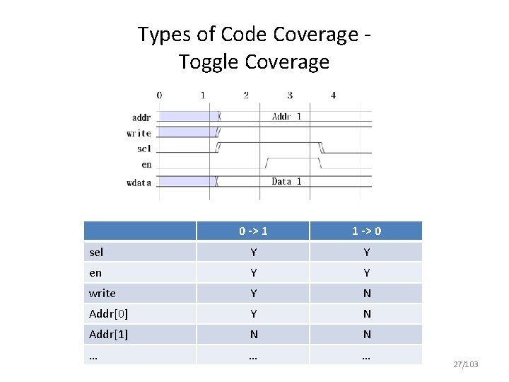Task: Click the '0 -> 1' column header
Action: coord(252,231)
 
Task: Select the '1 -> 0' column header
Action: coord(366,231)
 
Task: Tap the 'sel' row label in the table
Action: coord(96,253)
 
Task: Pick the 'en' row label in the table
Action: coord(95,273)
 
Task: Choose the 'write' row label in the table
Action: coord(103,294)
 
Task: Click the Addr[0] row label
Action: coord(108,314)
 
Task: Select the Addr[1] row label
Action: coord(108,335)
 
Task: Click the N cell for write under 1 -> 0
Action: coord(366,294)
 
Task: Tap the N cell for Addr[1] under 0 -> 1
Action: coord(252,335)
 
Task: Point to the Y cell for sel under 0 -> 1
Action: coord(252,253)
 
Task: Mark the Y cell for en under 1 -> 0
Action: coord(366,273)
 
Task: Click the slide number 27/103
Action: coord(464,364)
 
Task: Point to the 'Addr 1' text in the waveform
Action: coord(286,117)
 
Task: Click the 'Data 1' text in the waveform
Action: coord(286,182)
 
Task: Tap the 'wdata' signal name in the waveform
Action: coord(139,183)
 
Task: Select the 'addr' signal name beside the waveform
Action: coord(141,117)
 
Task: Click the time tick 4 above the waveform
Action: coord(333,95)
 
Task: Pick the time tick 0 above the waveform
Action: coord(159,95)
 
